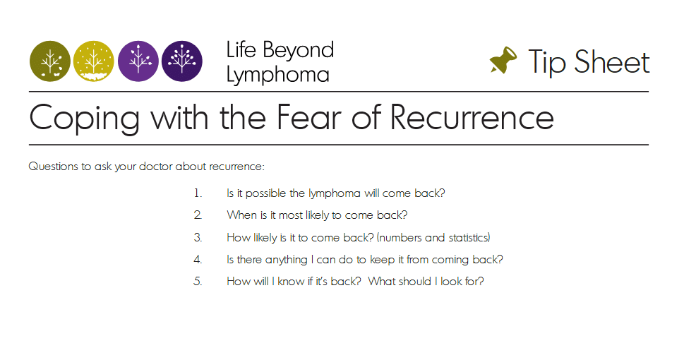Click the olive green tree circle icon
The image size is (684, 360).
[x=50, y=61]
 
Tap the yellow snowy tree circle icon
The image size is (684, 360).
[x=94, y=61]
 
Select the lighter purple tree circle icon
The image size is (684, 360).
[x=138, y=61]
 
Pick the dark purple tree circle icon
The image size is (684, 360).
[x=182, y=61]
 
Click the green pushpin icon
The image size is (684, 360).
[x=503, y=60]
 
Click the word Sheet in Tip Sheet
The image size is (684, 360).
[x=612, y=62]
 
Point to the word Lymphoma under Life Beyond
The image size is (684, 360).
[x=278, y=75]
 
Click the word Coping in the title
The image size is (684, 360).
[x=85, y=119]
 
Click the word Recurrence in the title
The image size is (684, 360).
[x=472, y=117]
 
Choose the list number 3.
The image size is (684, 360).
[x=198, y=238]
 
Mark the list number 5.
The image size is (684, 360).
[x=198, y=282]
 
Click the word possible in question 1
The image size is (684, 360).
[x=265, y=193]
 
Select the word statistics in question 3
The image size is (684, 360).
[x=469, y=238]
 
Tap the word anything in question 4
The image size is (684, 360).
[x=287, y=260]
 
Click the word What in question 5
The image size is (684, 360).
[x=381, y=282]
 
